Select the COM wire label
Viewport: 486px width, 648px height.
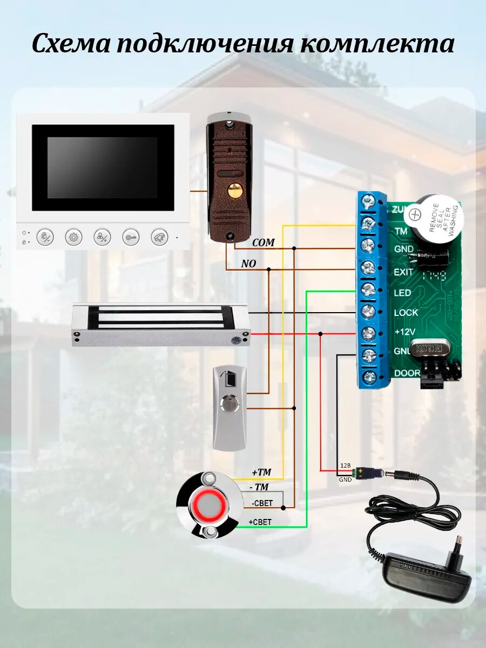click(x=263, y=243)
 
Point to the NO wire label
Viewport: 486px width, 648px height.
click(x=248, y=264)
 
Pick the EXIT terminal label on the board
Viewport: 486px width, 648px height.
click(x=403, y=272)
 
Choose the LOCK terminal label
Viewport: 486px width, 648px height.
click(x=406, y=312)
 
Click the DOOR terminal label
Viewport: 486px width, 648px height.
click(x=407, y=373)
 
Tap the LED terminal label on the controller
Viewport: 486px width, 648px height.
click(x=402, y=293)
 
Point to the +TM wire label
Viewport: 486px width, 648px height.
click(x=261, y=472)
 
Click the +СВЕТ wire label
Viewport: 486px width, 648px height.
click(x=260, y=522)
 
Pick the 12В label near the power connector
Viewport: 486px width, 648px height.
click(x=345, y=465)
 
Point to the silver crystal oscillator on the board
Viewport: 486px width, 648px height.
click(x=430, y=348)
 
